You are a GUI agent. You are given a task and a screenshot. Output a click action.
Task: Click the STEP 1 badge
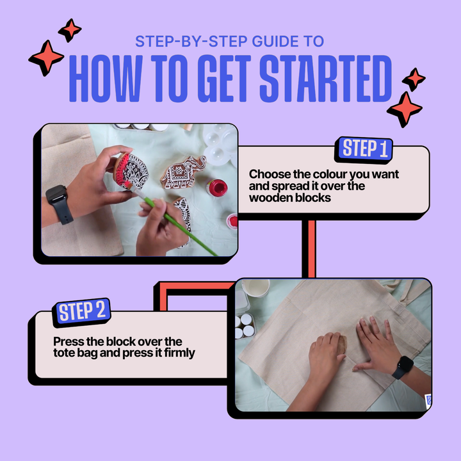pyautogui.click(x=364, y=149)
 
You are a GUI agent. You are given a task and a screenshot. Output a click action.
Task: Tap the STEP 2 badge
pyautogui.click(x=81, y=312)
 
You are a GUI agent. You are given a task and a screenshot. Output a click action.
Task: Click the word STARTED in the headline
pyautogui.click(x=325, y=79)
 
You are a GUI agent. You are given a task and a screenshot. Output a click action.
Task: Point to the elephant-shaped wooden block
pyautogui.click(x=182, y=173)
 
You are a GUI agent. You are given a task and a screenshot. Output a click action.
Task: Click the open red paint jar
pyautogui.click(x=216, y=188)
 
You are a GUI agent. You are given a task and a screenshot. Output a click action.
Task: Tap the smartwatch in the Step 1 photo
pyautogui.click(x=59, y=204)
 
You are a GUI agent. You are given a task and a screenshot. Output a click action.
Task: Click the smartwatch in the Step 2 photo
pyautogui.click(x=403, y=367)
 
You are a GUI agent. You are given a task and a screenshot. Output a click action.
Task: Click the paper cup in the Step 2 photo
pyautogui.click(x=255, y=287)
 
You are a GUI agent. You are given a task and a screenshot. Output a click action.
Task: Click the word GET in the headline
pyautogui.click(x=224, y=79)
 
